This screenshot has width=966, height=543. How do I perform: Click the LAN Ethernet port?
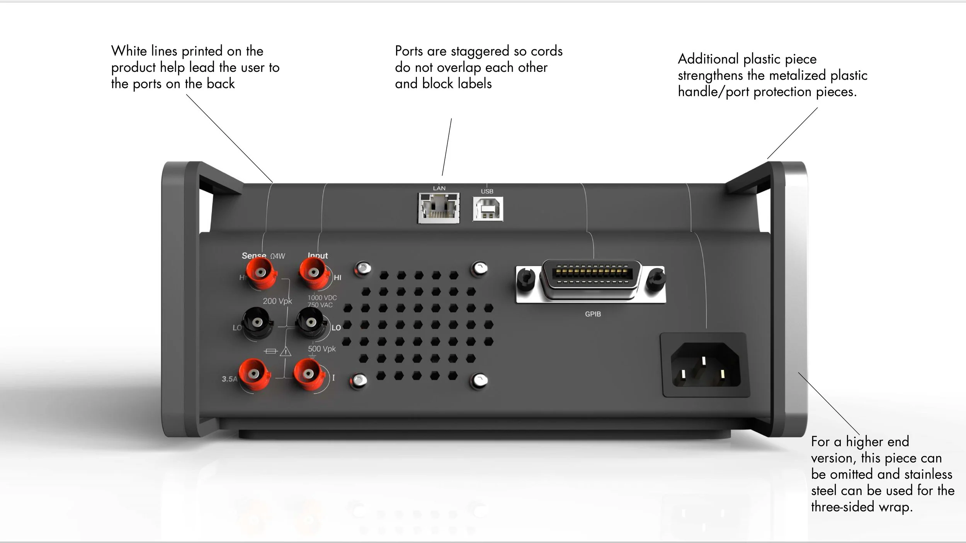click(x=439, y=208)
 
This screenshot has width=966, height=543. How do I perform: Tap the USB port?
click(x=488, y=209)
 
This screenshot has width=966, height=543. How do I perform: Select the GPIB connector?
click(x=591, y=280)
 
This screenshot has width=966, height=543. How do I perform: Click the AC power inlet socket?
click(x=705, y=365)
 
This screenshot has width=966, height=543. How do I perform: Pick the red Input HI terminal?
click(x=314, y=273)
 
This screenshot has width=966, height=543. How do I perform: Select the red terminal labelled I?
click(x=308, y=374)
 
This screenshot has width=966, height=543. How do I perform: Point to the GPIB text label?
click(x=593, y=314)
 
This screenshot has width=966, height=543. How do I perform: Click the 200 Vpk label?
click(x=277, y=301)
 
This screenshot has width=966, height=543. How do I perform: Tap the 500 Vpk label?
click(x=321, y=349)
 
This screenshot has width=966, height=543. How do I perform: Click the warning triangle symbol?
click(x=286, y=351)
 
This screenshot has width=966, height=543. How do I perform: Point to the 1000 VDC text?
click(x=322, y=298)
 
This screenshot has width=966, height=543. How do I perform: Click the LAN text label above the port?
click(x=439, y=188)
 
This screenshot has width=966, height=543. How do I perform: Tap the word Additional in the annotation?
click(x=708, y=59)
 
